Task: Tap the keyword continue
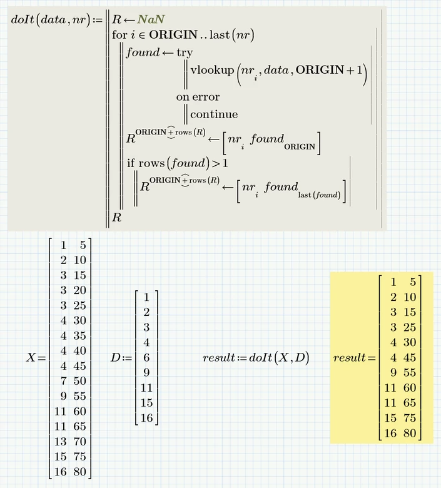(x=214, y=114)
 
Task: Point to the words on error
(x=198, y=98)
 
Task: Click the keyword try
(x=185, y=53)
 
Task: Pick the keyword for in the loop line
(x=119, y=35)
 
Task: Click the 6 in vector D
(x=146, y=358)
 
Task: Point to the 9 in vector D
(x=146, y=373)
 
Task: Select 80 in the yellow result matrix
(x=410, y=433)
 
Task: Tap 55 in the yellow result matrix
(x=410, y=373)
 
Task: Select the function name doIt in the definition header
(x=23, y=19)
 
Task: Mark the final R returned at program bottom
(x=116, y=218)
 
